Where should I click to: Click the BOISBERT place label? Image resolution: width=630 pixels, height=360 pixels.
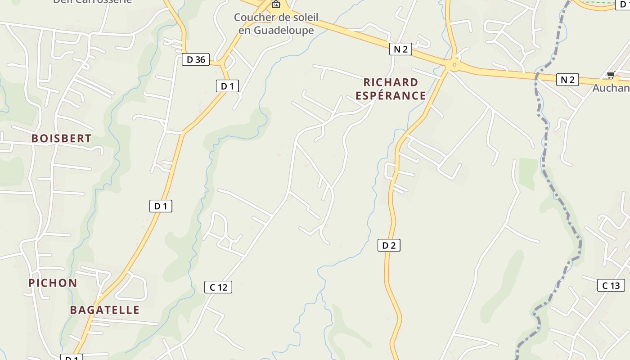click(62, 139)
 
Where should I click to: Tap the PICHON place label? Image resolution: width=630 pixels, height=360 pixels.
click(53, 283)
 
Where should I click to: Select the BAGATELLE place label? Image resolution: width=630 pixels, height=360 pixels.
click(105, 310)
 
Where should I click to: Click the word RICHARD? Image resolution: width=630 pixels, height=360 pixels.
click(391, 82)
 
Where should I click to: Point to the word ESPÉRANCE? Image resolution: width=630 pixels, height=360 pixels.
click(391, 95)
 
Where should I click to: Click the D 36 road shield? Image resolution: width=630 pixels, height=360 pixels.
click(196, 59)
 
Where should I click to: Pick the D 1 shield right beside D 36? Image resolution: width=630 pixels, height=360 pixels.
click(227, 86)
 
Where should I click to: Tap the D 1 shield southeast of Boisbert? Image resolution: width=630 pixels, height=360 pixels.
click(161, 206)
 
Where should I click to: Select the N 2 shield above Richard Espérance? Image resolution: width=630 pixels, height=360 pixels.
click(400, 49)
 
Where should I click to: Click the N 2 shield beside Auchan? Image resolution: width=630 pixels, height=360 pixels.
click(567, 80)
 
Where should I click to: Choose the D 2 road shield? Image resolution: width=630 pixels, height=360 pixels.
click(389, 245)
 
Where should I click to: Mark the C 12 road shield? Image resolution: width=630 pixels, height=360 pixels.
click(218, 287)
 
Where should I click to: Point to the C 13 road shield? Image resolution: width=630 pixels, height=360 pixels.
click(611, 285)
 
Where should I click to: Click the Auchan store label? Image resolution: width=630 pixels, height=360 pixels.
click(611, 88)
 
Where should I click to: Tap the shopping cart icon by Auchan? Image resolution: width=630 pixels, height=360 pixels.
click(611, 75)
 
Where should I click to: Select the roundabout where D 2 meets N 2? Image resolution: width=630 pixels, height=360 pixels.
click(454, 65)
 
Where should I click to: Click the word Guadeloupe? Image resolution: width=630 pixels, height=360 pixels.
click(276, 30)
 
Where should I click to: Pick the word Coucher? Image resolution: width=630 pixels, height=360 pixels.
click(252, 18)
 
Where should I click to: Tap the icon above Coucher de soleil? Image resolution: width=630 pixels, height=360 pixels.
click(275, 5)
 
